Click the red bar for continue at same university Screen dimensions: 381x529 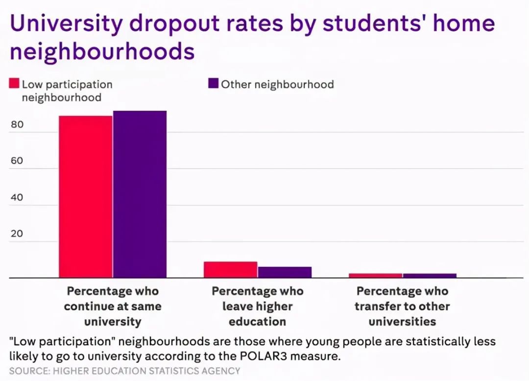(x=86, y=196)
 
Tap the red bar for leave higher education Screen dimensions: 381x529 (x=230, y=269)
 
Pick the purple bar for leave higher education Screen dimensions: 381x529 (x=285, y=272)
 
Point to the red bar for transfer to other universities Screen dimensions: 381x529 (x=375, y=275)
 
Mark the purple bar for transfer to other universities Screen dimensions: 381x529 (x=430, y=275)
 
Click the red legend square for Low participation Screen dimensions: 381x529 (x=14, y=84)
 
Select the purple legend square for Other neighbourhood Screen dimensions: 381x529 (x=213, y=84)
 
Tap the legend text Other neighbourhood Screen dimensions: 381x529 (x=277, y=84)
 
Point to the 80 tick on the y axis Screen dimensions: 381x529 (x=17, y=125)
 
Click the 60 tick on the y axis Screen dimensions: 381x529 (x=17, y=161)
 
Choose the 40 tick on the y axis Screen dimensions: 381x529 (x=17, y=197)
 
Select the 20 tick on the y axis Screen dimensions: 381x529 (x=17, y=234)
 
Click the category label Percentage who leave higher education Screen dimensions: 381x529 (x=258, y=306)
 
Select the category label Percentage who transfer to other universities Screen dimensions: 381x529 (x=402, y=306)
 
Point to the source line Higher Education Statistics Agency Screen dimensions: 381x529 (x=125, y=371)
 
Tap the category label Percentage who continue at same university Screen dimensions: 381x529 (x=113, y=306)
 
